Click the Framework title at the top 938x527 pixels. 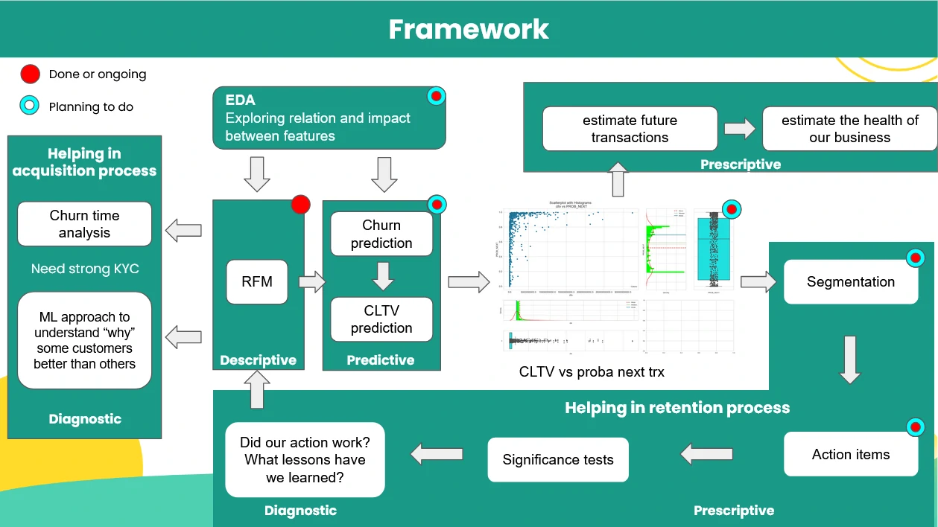pos(469,29)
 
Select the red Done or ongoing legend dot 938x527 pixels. pos(30,74)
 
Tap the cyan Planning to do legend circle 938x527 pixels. pos(30,106)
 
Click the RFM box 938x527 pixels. pos(257,281)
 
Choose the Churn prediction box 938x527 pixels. pos(381,234)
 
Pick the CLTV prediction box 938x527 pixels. pos(381,319)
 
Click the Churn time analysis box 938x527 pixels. pos(84,223)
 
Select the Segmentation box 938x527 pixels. pos(851,281)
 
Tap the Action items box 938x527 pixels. pos(851,454)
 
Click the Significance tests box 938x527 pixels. pos(558,459)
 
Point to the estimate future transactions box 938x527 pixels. pos(630,129)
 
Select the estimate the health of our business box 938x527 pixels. pos(849,129)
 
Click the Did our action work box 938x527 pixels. pos(305,460)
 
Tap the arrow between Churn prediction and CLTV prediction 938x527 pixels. pos(382,276)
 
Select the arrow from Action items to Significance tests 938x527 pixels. pos(706,453)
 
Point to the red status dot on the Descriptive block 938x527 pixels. pos(300,205)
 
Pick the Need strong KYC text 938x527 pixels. pos(85,269)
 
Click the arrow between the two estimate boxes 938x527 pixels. pos(740,129)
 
